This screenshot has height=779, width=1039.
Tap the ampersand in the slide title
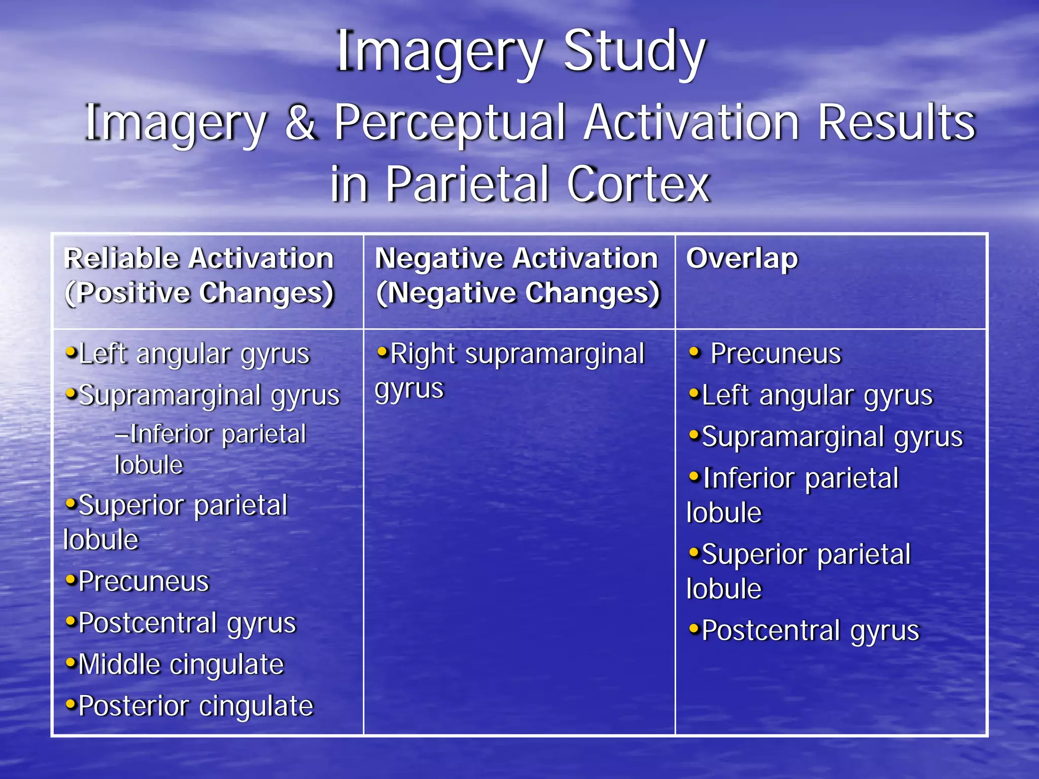pyautogui.click(x=300, y=123)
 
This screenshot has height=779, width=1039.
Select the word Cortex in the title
pyautogui.click(x=638, y=184)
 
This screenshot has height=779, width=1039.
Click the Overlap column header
pyautogui.click(x=742, y=259)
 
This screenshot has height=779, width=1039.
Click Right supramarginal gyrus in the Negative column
pyautogui.click(x=510, y=371)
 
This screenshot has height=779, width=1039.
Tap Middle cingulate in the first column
pyautogui.click(x=181, y=664)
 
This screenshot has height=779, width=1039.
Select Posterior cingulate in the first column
pyautogui.click(x=196, y=706)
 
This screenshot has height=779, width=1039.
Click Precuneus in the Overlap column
pyautogui.click(x=775, y=353)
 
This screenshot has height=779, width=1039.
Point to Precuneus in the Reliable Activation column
pyautogui.click(x=144, y=581)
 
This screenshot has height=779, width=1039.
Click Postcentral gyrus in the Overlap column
pyautogui.click(x=810, y=631)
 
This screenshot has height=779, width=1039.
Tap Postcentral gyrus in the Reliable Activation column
pyautogui.click(x=187, y=623)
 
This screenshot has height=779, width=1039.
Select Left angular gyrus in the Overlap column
pyautogui.click(x=817, y=395)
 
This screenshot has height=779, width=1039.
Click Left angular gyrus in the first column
pyautogui.click(x=194, y=353)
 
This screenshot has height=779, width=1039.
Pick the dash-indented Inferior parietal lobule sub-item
pyautogui.click(x=210, y=449)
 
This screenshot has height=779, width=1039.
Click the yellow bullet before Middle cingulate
pyautogui.click(x=71, y=662)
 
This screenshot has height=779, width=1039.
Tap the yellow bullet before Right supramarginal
pyautogui.click(x=383, y=351)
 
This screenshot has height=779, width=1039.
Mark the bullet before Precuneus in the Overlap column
pyautogui.click(x=695, y=351)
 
